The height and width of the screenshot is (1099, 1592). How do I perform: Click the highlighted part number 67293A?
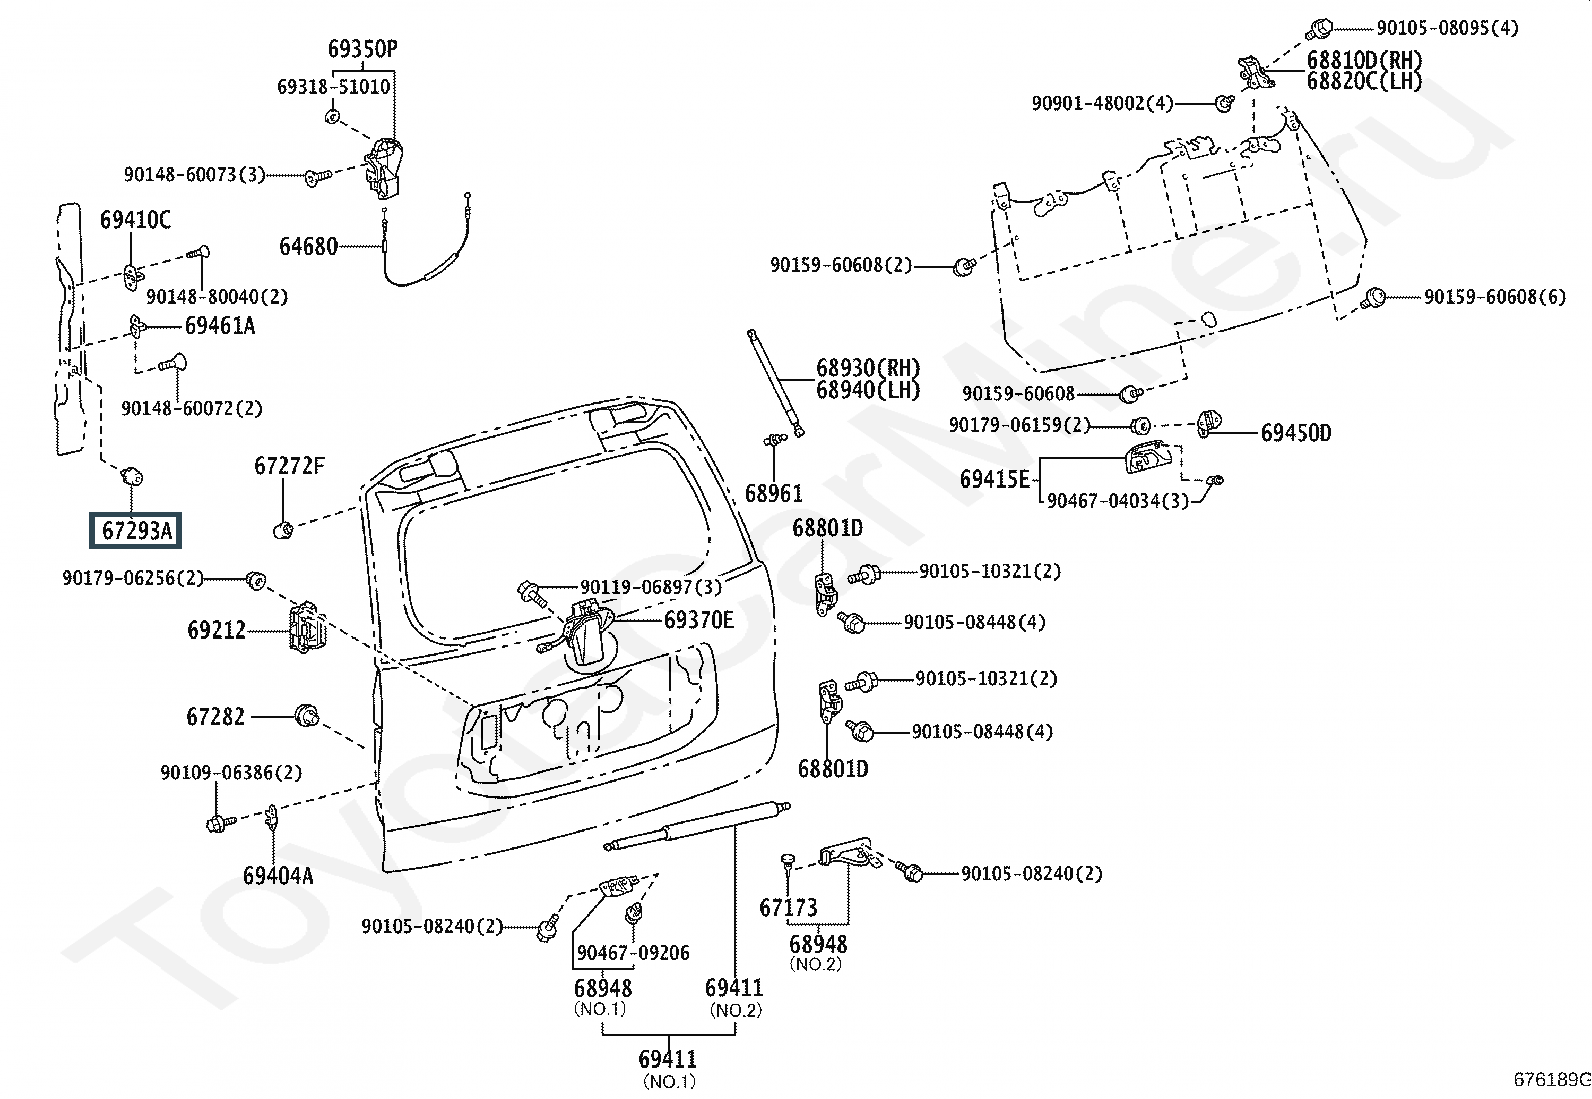(137, 531)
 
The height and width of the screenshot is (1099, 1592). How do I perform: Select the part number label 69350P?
(361, 48)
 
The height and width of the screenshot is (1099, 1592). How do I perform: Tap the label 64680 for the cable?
(308, 246)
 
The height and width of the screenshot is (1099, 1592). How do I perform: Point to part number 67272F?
(289, 466)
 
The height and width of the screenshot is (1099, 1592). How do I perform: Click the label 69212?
(216, 630)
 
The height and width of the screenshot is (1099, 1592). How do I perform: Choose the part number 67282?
(215, 717)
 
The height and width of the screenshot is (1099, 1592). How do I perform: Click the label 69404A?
(277, 876)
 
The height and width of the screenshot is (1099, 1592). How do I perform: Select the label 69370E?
(698, 620)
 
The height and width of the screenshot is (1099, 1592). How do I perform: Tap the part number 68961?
(773, 494)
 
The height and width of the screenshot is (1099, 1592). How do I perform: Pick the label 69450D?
(1295, 433)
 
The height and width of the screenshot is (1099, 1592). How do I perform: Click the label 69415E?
(994, 479)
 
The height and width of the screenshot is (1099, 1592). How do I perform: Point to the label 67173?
(788, 908)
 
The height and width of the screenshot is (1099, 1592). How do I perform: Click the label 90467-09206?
(633, 953)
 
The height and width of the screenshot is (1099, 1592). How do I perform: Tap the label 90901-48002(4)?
(1102, 103)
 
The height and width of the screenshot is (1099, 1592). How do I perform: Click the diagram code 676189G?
(1551, 1079)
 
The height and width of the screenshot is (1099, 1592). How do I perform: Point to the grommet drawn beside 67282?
(307, 715)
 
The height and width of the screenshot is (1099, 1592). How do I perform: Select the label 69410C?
(135, 220)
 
